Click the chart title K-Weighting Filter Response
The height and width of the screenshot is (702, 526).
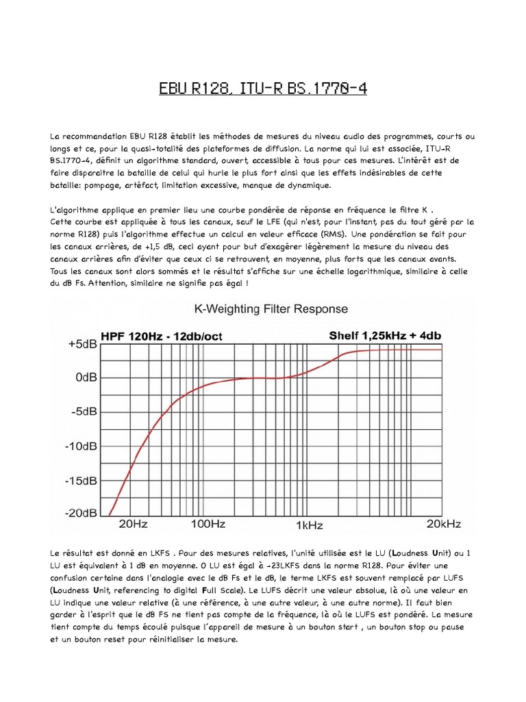tap(263, 309)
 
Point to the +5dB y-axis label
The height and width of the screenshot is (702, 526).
tap(82, 344)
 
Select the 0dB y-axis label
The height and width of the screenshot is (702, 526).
tap(84, 378)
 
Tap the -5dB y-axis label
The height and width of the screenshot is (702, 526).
tap(83, 412)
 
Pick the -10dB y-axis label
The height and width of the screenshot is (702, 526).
tap(81, 446)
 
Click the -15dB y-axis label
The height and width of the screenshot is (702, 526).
tap(81, 480)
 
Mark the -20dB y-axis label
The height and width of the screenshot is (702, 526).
tap(81, 513)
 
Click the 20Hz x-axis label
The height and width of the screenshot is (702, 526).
tap(134, 524)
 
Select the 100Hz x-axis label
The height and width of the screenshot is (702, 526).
tap(208, 524)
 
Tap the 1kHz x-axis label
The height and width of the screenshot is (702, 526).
tap(309, 526)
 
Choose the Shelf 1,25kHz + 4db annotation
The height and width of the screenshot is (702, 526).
tap(384, 335)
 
